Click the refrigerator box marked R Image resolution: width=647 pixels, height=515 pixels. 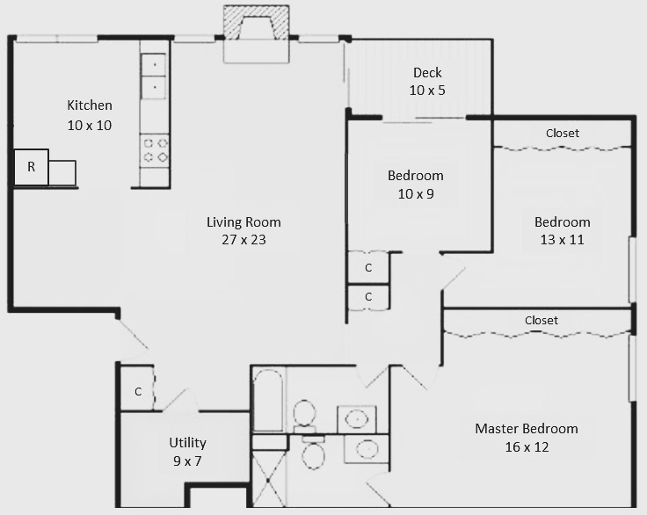point(32,167)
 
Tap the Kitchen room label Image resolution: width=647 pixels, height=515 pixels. point(90,105)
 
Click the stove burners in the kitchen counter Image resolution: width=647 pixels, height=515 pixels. point(156,149)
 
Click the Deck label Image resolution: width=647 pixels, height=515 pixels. point(426,73)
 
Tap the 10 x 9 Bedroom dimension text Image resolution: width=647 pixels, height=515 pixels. point(416,193)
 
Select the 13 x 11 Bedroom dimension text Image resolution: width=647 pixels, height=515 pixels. point(563,239)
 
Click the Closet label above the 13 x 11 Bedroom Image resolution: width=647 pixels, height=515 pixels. point(563,134)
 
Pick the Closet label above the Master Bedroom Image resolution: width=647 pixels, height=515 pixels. point(542,321)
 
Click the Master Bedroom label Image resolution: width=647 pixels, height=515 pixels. point(527,429)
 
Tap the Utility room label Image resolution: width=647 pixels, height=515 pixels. point(188,443)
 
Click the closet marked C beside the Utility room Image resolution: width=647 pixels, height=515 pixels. point(138,392)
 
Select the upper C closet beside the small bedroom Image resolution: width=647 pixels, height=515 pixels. point(368,268)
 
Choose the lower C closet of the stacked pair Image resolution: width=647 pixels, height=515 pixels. point(368,297)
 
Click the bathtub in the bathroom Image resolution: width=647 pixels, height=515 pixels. point(268,400)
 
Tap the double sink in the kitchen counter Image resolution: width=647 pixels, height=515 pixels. point(154,76)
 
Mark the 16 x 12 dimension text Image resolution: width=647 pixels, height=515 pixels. point(527,447)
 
